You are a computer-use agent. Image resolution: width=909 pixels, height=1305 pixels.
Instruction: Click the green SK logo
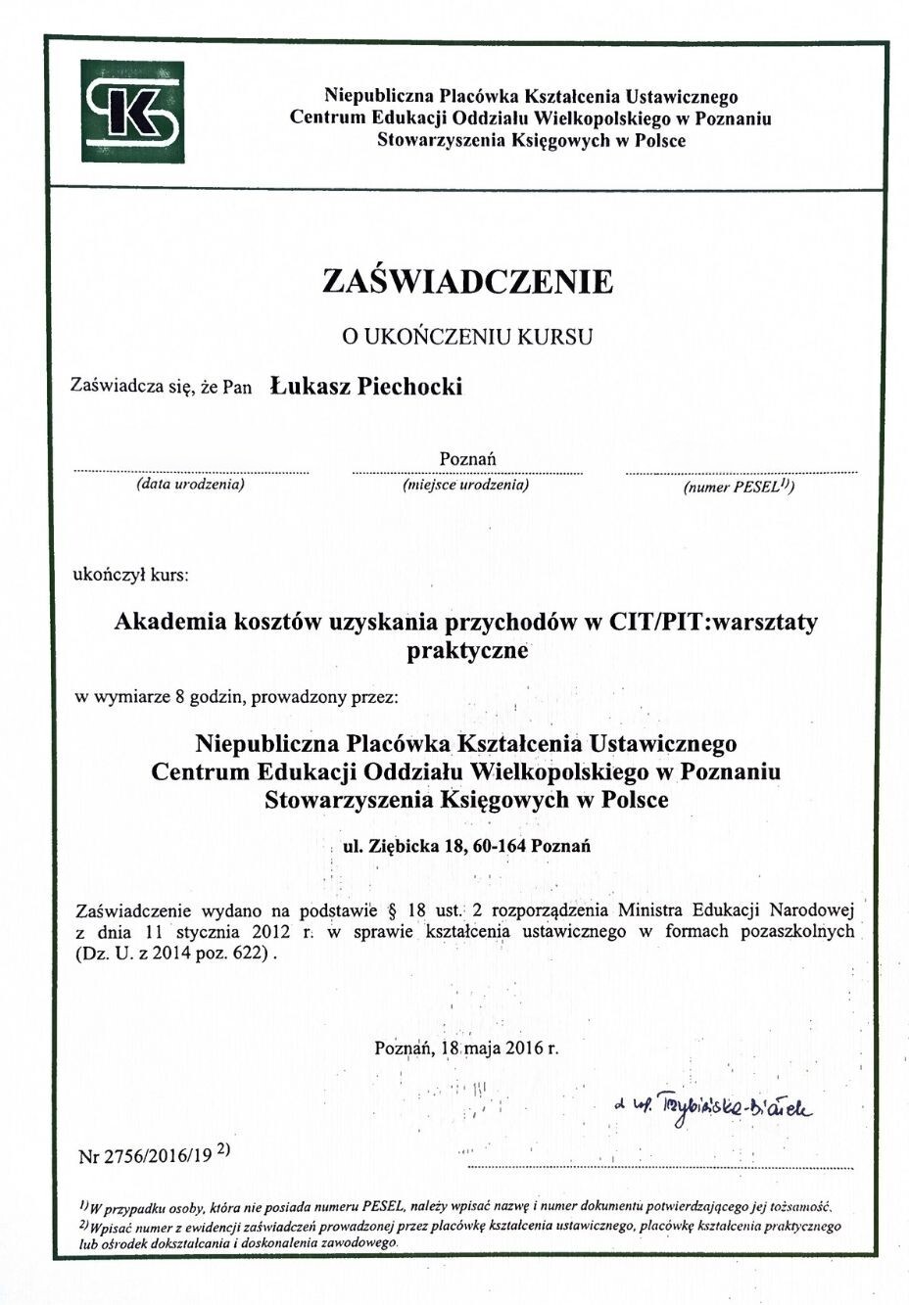pyautogui.click(x=131, y=112)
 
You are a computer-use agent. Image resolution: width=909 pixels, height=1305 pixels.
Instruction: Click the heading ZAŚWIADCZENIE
pyautogui.click(x=467, y=282)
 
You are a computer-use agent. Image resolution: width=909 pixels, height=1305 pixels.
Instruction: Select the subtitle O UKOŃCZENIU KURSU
pyautogui.click(x=467, y=337)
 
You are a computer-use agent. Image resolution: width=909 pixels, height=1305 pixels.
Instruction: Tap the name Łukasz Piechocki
pyautogui.click(x=366, y=387)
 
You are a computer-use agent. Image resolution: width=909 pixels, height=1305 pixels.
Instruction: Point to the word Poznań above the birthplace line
pyautogui.click(x=467, y=458)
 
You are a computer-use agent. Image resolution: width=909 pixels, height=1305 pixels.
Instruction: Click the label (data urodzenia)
pyautogui.click(x=190, y=485)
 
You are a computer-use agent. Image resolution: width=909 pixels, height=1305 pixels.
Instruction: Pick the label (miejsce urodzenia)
pyautogui.click(x=466, y=485)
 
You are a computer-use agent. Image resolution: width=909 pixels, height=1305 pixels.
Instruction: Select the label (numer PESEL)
pyautogui.click(x=738, y=486)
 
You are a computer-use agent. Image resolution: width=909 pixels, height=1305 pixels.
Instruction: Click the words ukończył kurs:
pyautogui.click(x=130, y=575)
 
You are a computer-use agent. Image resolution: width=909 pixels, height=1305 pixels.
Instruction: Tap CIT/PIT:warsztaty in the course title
pyautogui.click(x=713, y=622)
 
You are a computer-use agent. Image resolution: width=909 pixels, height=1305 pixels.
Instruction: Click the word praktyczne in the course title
pyautogui.click(x=467, y=650)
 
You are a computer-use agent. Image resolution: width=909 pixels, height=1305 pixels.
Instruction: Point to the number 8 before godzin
pyautogui.click(x=179, y=698)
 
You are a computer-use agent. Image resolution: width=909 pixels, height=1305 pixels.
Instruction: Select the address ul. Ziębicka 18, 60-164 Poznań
pyautogui.click(x=466, y=846)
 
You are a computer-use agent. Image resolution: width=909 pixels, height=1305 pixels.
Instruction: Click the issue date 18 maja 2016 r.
pyautogui.click(x=500, y=1048)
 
